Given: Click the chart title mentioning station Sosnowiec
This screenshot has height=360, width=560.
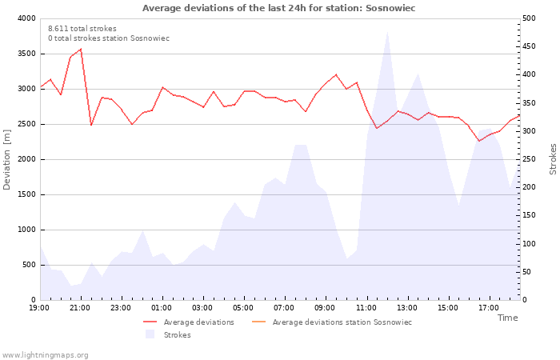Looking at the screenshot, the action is point(278,8).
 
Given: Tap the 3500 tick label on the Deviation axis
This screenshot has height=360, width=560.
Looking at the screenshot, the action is point(26,54).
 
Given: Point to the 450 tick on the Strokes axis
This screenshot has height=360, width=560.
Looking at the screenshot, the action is point(529,46).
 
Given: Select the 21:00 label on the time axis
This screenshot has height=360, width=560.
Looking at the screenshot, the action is point(80,308).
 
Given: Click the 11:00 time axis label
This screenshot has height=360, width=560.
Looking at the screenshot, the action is point(366,308).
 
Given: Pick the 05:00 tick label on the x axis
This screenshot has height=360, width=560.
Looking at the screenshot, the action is point(243,308).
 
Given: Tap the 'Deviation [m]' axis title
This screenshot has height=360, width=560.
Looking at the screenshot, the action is point(6,159).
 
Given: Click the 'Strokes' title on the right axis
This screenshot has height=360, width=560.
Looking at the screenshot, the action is point(553,159).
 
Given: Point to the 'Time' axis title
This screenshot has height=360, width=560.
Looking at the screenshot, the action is point(507,318).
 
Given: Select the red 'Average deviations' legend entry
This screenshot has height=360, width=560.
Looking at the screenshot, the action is point(189,322).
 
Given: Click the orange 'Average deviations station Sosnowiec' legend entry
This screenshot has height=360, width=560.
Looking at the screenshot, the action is point(332,322).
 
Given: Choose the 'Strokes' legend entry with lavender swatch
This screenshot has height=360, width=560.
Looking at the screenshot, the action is point(168,334).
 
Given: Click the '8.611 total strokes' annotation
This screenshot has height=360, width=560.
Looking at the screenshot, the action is point(82,29).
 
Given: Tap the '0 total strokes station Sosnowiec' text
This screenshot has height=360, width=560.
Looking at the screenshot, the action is point(109,38).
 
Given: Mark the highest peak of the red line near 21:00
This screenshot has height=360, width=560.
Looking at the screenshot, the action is point(81,50).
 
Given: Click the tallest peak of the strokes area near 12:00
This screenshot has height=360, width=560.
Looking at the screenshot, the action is point(387,32).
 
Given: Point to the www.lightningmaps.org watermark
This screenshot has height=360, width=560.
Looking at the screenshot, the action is point(45,355).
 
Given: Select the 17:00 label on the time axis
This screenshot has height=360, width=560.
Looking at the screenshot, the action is point(489,308).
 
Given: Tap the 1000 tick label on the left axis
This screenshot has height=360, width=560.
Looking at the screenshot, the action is point(26,230).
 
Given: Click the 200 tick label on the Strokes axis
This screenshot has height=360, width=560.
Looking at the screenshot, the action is point(529,187).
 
